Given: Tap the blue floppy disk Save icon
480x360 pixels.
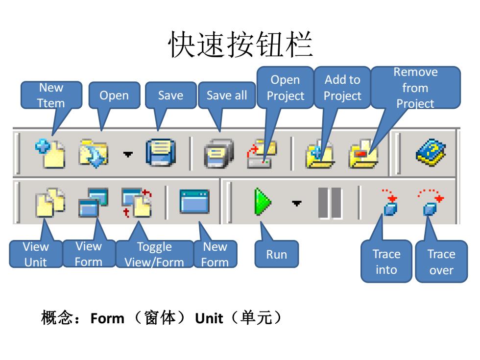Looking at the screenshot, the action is click(x=161, y=153).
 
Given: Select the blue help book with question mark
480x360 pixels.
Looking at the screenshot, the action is click(x=431, y=152).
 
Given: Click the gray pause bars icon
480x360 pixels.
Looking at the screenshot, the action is click(x=330, y=203).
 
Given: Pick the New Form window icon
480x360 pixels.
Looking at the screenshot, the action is click(x=194, y=201).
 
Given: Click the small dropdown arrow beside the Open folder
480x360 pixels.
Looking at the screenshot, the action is click(x=128, y=154).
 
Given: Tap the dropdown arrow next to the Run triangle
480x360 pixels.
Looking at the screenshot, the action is click(x=297, y=203).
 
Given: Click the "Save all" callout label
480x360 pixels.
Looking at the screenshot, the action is click(x=227, y=95).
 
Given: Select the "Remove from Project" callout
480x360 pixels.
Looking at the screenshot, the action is click(x=415, y=88).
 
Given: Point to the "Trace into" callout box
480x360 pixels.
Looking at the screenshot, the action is click(x=386, y=262).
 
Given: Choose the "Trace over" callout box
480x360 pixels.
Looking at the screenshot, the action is click(x=441, y=262).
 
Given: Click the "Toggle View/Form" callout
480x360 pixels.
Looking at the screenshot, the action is click(x=155, y=254).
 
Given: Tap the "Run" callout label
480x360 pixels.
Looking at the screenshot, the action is click(x=276, y=254).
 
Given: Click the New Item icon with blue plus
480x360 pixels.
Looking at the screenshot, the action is click(x=50, y=153).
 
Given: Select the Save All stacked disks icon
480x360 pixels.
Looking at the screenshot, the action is click(x=218, y=153).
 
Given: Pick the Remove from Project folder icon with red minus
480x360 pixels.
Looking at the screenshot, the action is click(x=363, y=154).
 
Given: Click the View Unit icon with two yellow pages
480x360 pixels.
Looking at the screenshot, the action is click(x=50, y=202).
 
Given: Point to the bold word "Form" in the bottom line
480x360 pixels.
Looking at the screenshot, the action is click(x=107, y=318).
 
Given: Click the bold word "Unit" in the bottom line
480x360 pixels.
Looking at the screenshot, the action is click(x=209, y=318).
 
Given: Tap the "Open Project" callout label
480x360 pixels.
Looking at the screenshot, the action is click(x=285, y=88).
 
